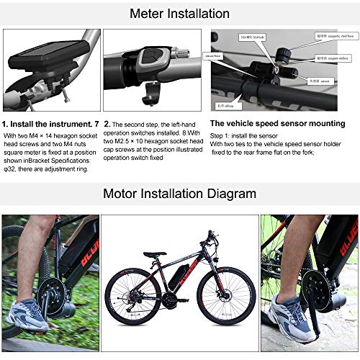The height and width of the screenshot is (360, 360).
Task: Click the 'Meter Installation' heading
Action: click(180, 13)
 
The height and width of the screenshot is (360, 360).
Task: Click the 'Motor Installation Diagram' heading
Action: click(179, 193)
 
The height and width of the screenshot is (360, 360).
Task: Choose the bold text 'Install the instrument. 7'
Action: click(51, 124)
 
